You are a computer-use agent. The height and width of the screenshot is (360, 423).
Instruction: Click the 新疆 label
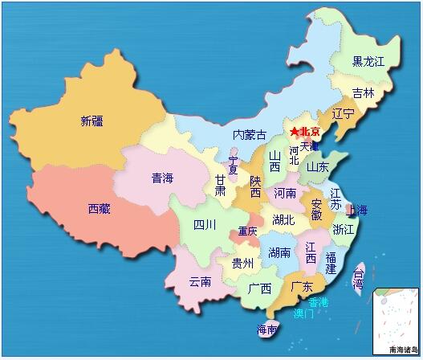[x=92, y=121]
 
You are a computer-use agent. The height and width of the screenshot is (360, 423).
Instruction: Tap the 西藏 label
[x=100, y=209]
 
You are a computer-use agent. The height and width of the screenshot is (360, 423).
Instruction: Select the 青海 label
[x=163, y=178]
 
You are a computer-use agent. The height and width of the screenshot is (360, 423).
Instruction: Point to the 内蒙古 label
[x=249, y=135]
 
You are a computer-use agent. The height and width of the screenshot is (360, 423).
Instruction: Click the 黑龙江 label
[x=369, y=62]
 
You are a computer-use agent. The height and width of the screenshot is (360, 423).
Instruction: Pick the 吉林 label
[x=364, y=93]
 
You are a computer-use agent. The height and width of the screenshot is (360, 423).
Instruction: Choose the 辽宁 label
[x=343, y=114]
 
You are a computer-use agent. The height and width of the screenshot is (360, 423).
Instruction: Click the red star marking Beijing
[x=295, y=131]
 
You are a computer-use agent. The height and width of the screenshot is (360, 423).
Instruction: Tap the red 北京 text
[x=310, y=132]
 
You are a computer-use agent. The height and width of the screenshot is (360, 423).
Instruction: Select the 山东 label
[x=317, y=167]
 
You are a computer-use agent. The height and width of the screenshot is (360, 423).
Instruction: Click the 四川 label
[x=205, y=224]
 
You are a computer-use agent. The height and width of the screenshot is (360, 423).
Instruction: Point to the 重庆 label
[x=248, y=232]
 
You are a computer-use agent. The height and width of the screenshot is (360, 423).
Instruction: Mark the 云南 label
[x=201, y=281]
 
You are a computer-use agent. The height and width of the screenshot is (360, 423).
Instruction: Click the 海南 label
[x=267, y=329]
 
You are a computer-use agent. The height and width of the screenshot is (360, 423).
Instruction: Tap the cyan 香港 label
[x=318, y=301]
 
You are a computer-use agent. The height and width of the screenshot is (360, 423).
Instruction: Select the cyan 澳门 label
[x=304, y=313]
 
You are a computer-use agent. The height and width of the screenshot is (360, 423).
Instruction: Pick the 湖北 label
[x=283, y=219]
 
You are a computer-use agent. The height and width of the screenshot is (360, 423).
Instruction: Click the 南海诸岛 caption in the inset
[x=402, y=350]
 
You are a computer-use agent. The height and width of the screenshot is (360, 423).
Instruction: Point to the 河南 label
[x=285, y=194]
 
